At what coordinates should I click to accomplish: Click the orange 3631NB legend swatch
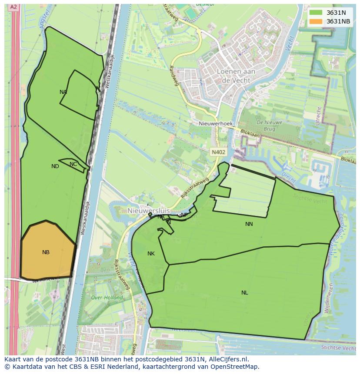pyautogui.click(x=316, y=21)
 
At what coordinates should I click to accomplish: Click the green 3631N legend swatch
pyautogui.click(x=316, y=13)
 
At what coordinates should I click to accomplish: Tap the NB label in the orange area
pyautogui.click(x=46, y=252)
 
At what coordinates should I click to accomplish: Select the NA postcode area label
pyautogui.click(x=63, y=92)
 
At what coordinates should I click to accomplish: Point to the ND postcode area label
pyautogui.click(x=55, y=166)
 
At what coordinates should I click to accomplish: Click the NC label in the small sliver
pyautogui.click(x=73, y=164)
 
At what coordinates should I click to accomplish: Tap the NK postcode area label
pyautogui.click(x=151, y=254)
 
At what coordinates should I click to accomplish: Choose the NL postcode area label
pyautogui.click(x=244, y=293)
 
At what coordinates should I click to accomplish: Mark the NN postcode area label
pyautogui.click(x=249, y=224)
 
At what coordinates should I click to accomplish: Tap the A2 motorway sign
pyautogui.click(x=13, y=7)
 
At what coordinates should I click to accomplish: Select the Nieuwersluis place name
pyautogui.click(x=149, y=211)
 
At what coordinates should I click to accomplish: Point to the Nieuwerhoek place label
pyautogui.click(x=216, y=124)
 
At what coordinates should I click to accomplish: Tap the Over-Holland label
pyautogui.click(x=104, y=298)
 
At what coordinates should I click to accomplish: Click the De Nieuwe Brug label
pyautogui.click(x=270, y=126)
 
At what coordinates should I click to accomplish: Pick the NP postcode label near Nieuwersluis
pyautogui.click(x=184, y=215)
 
